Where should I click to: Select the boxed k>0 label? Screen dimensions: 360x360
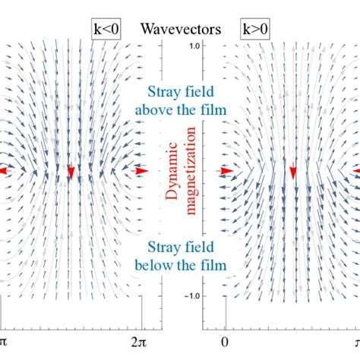[254, 30]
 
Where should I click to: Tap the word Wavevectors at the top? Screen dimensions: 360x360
[180, 30]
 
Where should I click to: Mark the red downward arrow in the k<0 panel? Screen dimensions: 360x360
[71, 174]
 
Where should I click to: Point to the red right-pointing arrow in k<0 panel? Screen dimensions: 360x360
[141, 172]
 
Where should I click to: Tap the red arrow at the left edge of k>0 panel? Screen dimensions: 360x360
[226, 172]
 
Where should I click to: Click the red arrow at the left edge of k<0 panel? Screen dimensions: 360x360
[4, 172]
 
